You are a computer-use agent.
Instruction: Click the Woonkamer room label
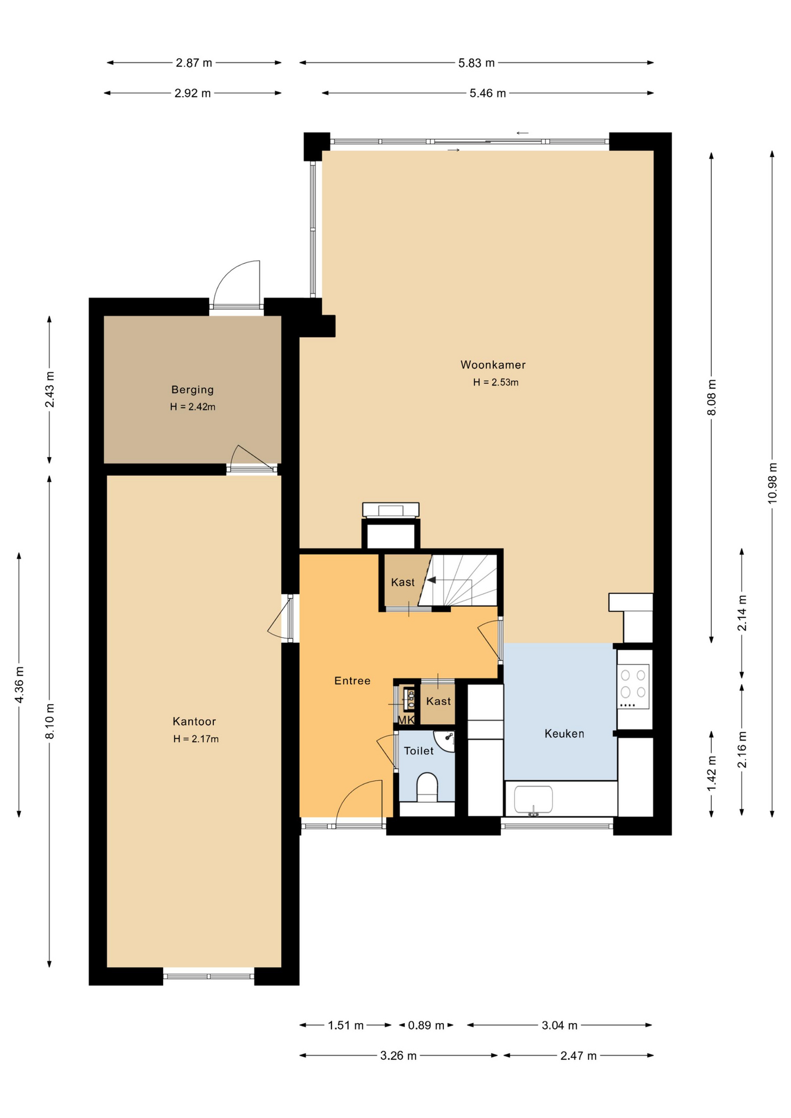point(493,365)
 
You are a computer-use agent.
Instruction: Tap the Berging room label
point(192,390)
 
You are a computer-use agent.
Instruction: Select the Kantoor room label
point(194,721)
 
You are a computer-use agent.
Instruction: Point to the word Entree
point(352,681)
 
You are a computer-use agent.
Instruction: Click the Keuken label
point(564,734)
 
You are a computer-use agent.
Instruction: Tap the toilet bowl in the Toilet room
point(427,787)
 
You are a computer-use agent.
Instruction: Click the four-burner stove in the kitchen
point(633,687)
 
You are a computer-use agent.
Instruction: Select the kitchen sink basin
point(533,799)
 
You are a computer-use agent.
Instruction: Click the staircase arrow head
point(431,580)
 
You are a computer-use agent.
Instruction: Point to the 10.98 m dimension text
point(772,483)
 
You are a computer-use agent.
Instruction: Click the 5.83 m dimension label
point(476,63)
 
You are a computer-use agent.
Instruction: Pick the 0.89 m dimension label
point(426,1025)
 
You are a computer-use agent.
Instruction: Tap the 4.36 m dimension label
point(19,684)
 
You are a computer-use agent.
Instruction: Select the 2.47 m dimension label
point(578,1056)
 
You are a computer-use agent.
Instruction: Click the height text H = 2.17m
point(196,739)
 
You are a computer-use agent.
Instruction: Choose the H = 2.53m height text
point(496,383)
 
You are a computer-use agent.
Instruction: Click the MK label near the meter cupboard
point(406,720)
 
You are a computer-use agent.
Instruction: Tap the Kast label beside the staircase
point(402,582)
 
